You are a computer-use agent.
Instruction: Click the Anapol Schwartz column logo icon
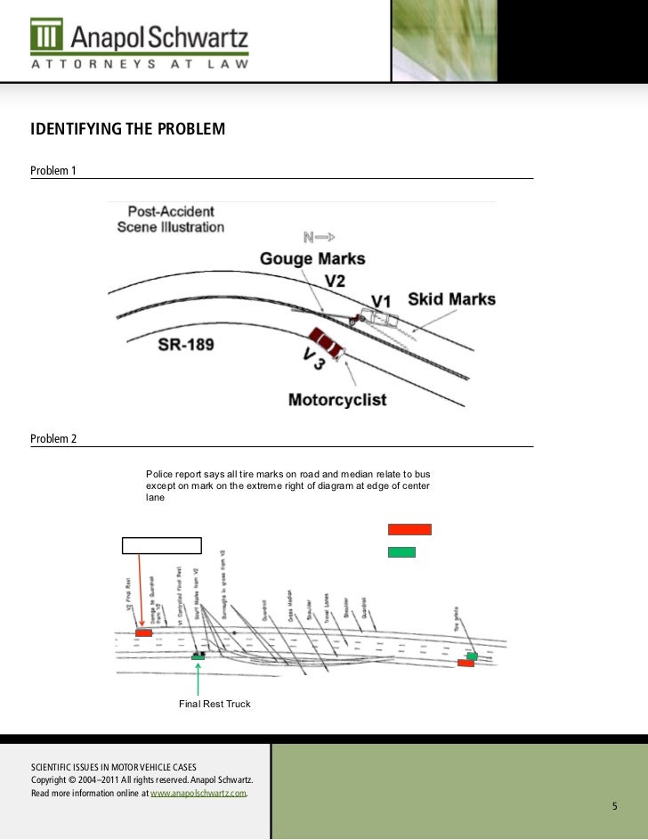click(46, 35)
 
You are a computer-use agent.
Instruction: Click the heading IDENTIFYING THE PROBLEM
click(128, 130)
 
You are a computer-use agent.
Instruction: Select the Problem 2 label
click(53, 439)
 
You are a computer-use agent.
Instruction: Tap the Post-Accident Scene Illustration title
click(171, 219)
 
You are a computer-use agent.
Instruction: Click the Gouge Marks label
click(312, 258)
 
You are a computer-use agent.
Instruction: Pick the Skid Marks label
click(451, 298)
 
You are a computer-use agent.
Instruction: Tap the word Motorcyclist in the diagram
click(337, 399)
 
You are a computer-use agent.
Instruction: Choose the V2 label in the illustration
click(335, 281)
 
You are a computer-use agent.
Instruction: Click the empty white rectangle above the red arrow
click(162, 546)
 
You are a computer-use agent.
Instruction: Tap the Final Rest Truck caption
click(215, 704)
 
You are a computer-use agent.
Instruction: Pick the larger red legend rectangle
click(409, 529)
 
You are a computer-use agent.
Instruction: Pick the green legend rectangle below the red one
click(401, 552)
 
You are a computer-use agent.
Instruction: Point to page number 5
click(613, 806)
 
